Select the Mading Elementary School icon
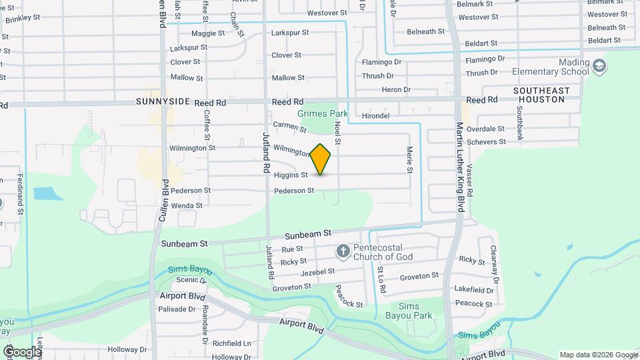tap(599, 65)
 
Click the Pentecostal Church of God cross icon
tap(343, 251)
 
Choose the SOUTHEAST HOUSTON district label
tap(541, 95)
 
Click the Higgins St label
tap(290, 175)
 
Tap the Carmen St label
tap(289, 125)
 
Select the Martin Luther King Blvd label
tap(459, 167)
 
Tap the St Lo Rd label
tap(381, 275)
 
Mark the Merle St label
tap(409, 161)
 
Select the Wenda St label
tap(187, 206)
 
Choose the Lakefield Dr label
tap(472, 290)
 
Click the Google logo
tap(22, 351)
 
